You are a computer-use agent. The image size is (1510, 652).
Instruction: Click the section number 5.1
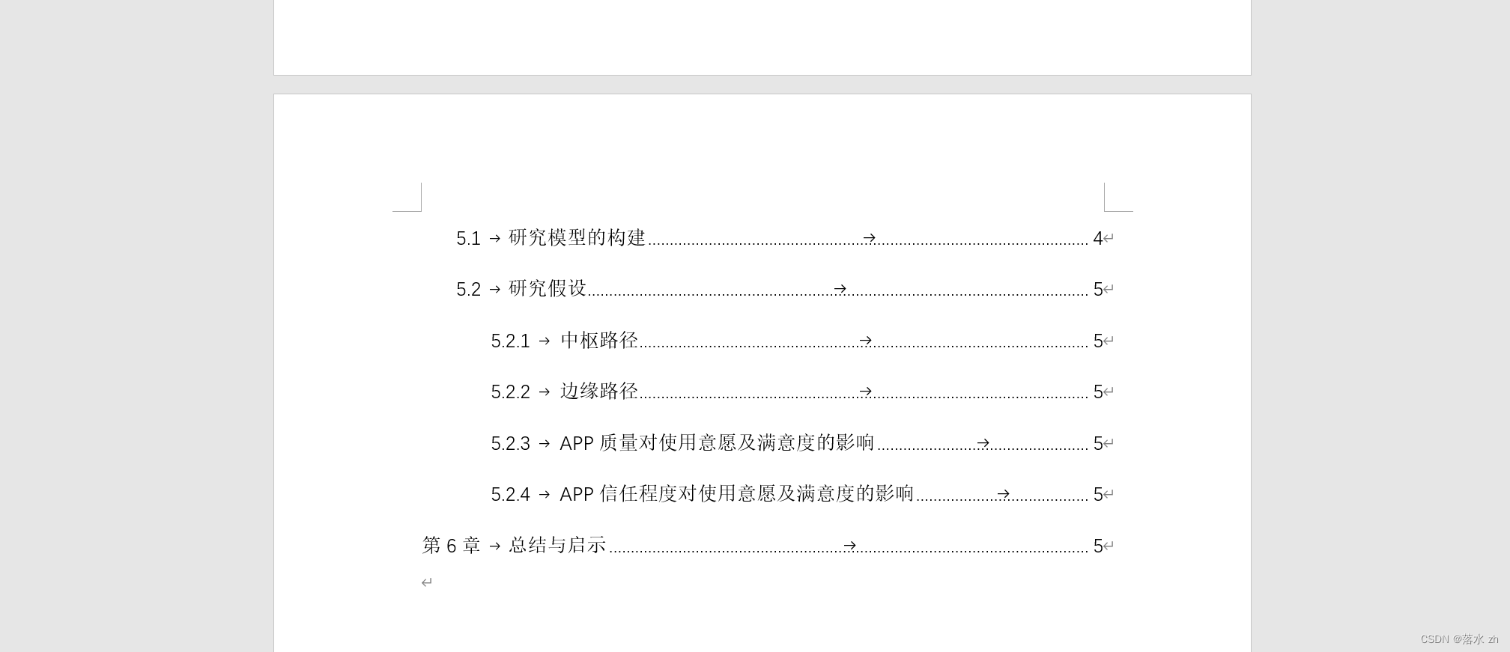(x=468, y=239)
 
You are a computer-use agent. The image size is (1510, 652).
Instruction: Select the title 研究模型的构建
(x=577, y=238)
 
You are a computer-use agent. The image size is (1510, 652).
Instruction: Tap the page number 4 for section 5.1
(x=1097, y=239)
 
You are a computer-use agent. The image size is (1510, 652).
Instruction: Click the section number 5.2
(x=468, y=290)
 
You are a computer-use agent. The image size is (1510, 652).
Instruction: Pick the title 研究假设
(x=548, y=289)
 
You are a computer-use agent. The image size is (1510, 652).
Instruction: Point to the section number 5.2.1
(x=510, y=341)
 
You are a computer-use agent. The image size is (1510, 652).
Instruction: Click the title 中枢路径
(x=599, y=341)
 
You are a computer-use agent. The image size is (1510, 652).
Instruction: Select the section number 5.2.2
(x=510, y=392)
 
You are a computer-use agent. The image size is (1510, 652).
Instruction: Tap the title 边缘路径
(x=599, y=391)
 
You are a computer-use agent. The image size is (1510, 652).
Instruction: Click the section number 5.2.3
(x=510, y=444)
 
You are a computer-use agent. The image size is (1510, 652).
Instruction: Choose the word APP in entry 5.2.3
(x=577, y=444)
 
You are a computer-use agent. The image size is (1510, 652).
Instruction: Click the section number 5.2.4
(x=510, y=495)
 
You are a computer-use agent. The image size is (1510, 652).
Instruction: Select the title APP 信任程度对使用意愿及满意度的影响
(x=737, y=494)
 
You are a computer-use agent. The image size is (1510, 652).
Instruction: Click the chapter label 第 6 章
(x=451, y=546)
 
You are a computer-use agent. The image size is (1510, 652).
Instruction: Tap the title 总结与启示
(x=557, y=545)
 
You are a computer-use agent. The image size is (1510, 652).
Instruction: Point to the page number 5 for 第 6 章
(x=1097, y=546)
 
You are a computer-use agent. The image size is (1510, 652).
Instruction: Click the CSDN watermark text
(x=1459, y=639)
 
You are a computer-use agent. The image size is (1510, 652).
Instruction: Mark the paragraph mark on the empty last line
(x=426, y=582)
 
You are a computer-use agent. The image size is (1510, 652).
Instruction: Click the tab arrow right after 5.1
(x=494, y=239)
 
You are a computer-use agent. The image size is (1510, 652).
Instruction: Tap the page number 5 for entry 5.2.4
(x=1097, y=495)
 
